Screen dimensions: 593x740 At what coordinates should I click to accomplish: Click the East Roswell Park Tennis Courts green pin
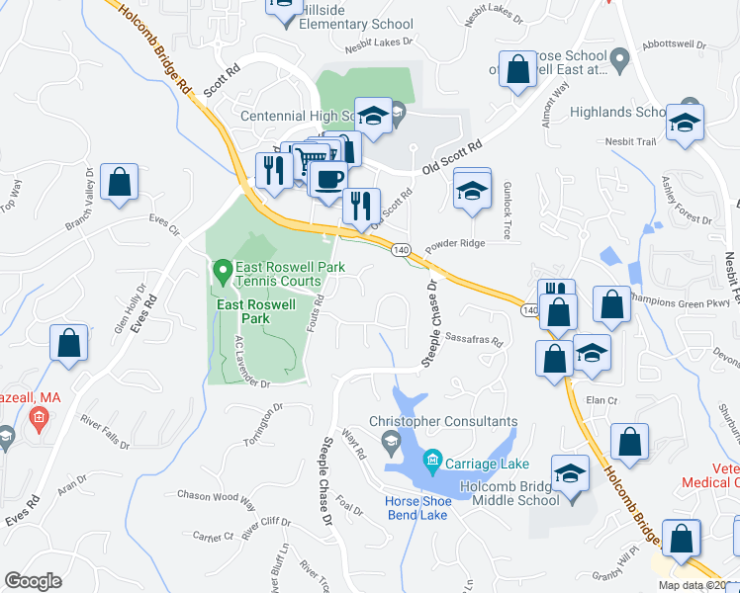[223, 269]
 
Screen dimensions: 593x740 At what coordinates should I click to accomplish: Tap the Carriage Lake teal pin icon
[431, 461]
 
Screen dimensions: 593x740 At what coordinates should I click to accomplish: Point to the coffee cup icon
[327, 179]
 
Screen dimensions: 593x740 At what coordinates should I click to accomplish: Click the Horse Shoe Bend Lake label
[417, 509]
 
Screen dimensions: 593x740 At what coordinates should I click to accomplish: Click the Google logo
[33, 581]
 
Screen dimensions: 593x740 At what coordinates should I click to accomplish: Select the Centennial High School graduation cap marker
[373, 117]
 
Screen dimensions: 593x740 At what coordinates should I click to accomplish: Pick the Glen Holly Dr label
[129, 317]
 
